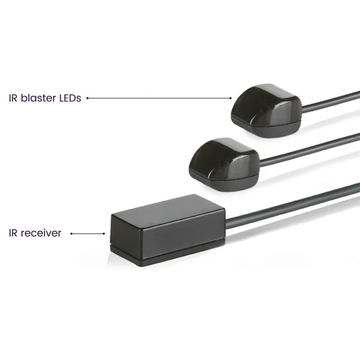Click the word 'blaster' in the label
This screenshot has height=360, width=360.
pyautogui.click(x=38, y=98)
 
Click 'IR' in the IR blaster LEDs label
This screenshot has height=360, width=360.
pyautogui.click(x=13, y=98)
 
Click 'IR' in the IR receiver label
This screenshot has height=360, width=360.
pyautogui.click(x=13, y=233)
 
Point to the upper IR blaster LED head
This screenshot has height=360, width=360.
pyautogui.click(x=266, y=110)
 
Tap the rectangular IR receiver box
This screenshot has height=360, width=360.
pyautogui.click(x=168, y=230)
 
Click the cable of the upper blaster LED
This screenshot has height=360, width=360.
pyautogui.click(x=330, y=102)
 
